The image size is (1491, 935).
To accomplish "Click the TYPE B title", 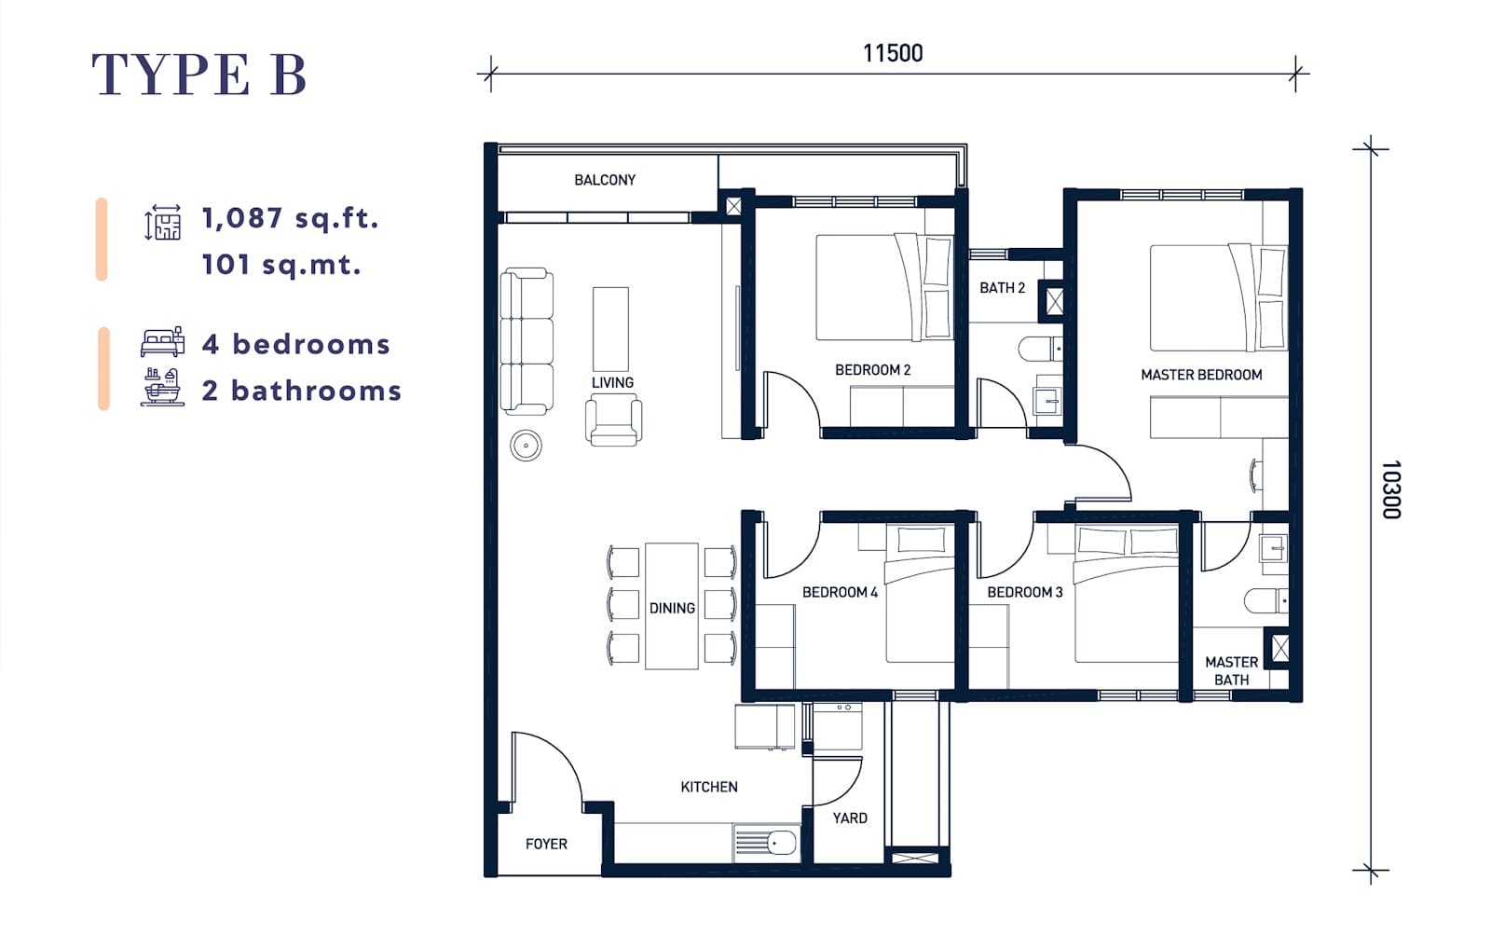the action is coord(199,74).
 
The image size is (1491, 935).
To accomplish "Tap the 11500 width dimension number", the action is coord(893,53).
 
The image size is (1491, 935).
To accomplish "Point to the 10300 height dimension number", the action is coord(1391,489).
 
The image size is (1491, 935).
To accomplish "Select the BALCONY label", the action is coord(605,180).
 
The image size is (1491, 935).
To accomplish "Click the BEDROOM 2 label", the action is coord(872,369).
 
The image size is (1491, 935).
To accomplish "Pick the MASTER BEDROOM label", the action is coord(1201,375).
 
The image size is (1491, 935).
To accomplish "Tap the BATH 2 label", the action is coord(1002,288).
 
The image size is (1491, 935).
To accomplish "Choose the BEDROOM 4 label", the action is coord(840,592).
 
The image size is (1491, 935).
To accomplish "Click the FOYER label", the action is coord(546,844).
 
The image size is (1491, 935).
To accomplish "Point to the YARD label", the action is coord(850,818).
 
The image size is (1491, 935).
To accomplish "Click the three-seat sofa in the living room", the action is coord(527,341).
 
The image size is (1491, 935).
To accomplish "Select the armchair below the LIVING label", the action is coord(613,419).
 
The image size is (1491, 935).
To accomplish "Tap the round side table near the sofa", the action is coord(526,446).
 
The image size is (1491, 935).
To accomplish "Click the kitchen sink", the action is coord(766,843).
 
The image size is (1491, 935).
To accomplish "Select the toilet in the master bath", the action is coord(1266,600).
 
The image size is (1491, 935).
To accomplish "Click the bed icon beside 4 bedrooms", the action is coord(162,341).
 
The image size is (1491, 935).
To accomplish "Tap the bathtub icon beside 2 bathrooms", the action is coord(162,387).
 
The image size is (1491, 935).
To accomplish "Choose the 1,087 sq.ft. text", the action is coord(290,218).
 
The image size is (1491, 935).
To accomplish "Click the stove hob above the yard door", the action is coord(838,726).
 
